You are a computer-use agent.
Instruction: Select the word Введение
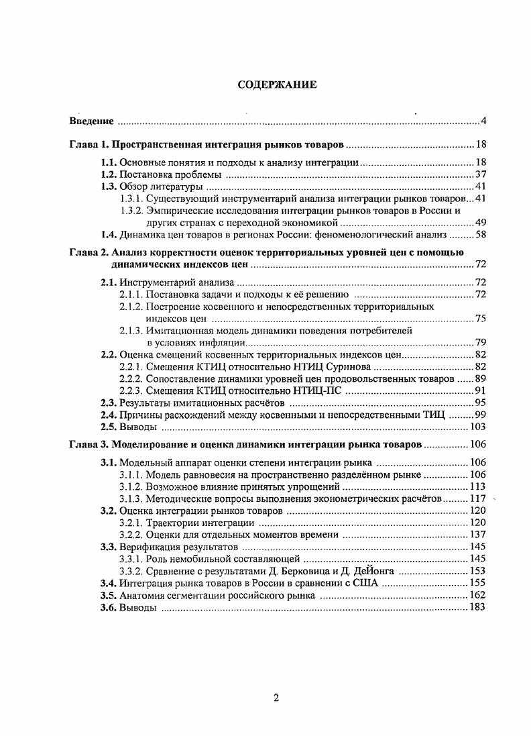91,121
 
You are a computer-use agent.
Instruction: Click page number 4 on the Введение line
483,121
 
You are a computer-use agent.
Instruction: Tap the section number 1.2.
109,174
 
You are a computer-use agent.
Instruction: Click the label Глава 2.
89,252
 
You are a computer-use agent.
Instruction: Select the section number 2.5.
109,427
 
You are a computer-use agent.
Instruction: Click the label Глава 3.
89,444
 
